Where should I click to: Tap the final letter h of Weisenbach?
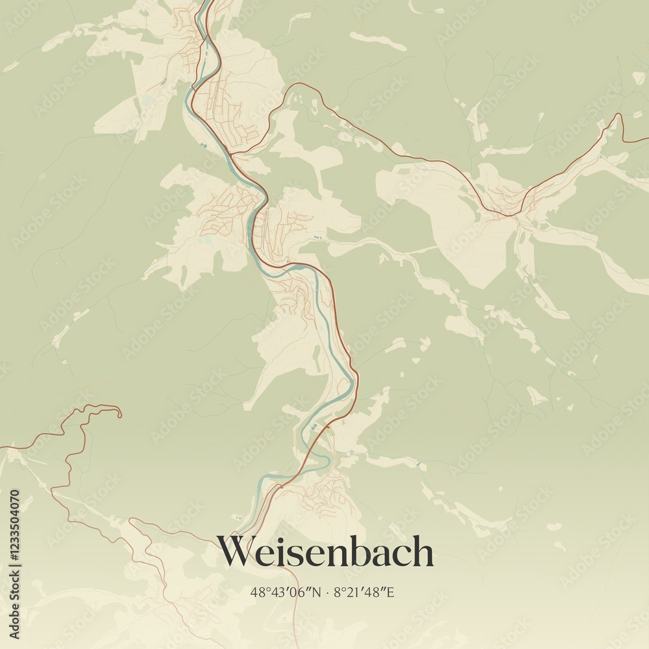422,552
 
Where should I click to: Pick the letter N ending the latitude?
317,592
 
